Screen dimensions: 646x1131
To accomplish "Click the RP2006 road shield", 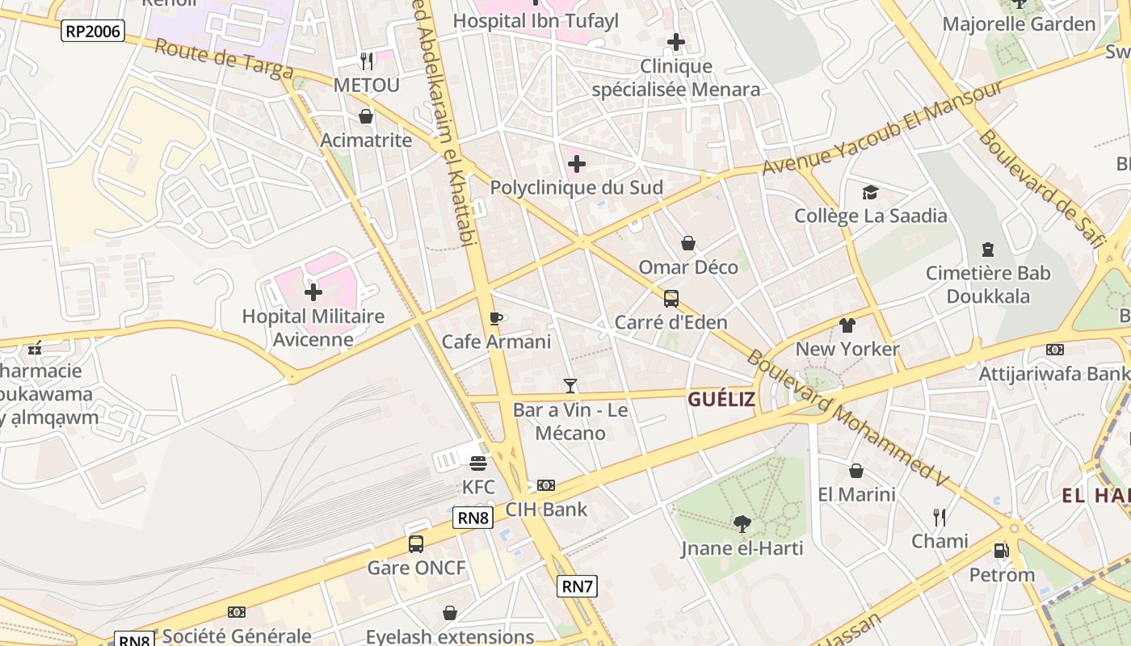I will pyautogui.click(x=93, y=31).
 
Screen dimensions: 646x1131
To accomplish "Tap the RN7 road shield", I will pyautogui.click(x=578, y=586).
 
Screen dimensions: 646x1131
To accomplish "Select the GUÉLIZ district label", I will pyautogui.click(x=721, y=399).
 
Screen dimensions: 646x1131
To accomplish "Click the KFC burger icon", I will pyautogui.click(x=478, y=464).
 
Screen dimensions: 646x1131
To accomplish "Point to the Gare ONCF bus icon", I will pyautogui.click(x=416, y=543).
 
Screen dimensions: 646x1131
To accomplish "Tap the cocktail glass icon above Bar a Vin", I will pyautogui.click(x=570, y=386).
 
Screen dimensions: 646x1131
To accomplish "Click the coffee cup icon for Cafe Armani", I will pyautogui.click(x=496, y=318).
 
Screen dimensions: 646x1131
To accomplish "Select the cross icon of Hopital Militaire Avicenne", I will pyautogui.click(x=313, y=292).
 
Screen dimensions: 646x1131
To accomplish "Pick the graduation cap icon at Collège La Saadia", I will pyautogui.click(x=870, y=192).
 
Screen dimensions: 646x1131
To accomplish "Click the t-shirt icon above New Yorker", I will pyautogui.click(x=847, y=325).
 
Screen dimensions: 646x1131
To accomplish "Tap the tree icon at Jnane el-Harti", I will pyautogui.click(x=742, y=524).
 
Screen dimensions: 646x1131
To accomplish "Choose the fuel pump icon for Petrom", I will pyautogui.click(x=1001, y=551).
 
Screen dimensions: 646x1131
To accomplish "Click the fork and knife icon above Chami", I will pyautogui.click(x=940, y=517).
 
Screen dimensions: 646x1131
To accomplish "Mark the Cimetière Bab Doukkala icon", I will pyautogui.click(x=987, y=249).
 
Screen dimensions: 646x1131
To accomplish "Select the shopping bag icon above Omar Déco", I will pyautogui.click(x=688, y=243).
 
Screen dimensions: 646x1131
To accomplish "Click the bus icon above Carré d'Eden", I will pyautogui.click(x=671, y=299).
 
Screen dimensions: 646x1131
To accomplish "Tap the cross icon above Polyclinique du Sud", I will pyautogui.click(x=576, y=164).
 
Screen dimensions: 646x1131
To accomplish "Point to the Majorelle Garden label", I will pyautogui.click(x=1019, y=24).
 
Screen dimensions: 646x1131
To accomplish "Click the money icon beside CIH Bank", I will pyautogui.click(x=546, y=485).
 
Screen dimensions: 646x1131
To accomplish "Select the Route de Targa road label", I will pyautogui.click(x=224, y=60).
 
